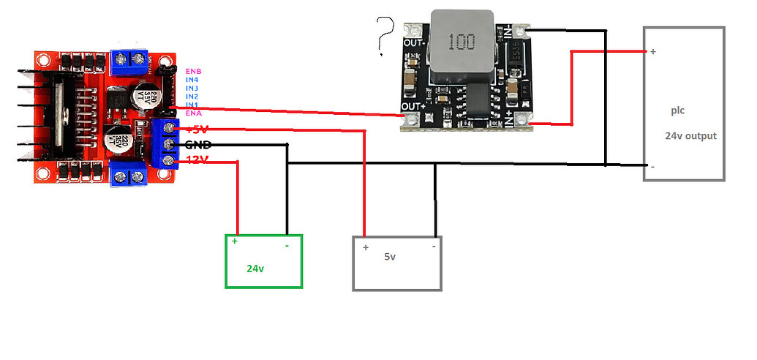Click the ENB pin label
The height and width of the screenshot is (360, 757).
[x=193, y=71]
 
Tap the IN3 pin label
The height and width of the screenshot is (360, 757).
[x=192, y=88]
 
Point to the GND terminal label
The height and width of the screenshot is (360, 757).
[x=198, y=144]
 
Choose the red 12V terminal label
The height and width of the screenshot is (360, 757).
[x=197, y=160]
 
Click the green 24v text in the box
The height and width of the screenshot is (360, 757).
[x=255, y=269]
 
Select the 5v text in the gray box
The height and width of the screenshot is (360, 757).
[x=390, y=257]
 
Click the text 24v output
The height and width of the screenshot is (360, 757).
[x=690, y=136]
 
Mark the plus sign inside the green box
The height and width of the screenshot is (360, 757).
[x=235, y=241]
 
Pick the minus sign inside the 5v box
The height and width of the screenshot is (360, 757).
[x=434, y=247]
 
